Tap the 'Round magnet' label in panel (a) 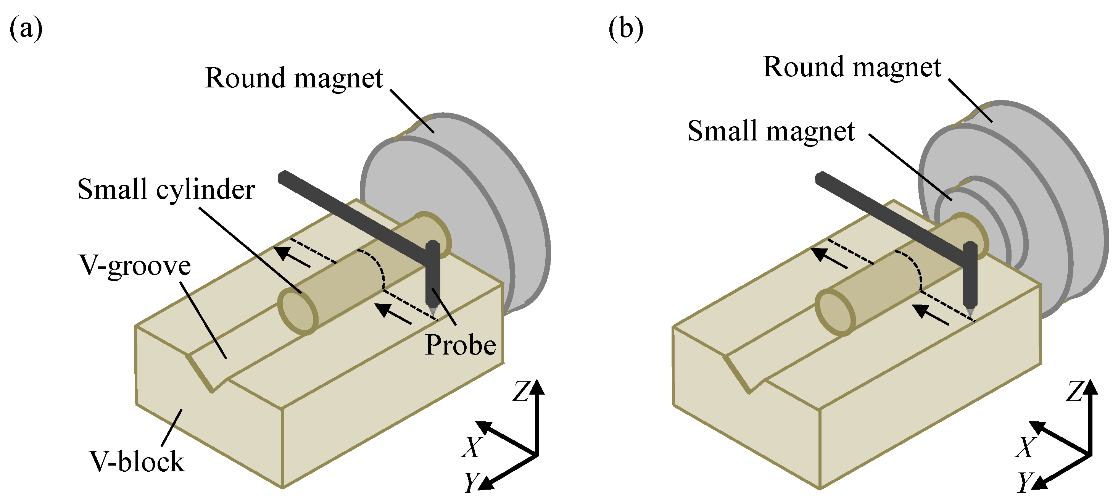[294, 79]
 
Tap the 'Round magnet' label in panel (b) [852, 68]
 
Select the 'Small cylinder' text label [166, 190]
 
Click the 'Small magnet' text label [771, 131]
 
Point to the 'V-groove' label [135, 266]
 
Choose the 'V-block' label [137, 461]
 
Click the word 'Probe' [461, 345]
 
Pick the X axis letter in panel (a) [472, 447]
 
